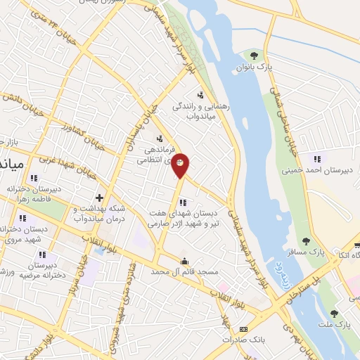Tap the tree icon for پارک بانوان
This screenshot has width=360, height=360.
point(254,56)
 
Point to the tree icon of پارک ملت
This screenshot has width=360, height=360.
point(334,313)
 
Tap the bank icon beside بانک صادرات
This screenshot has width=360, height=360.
point(244,328)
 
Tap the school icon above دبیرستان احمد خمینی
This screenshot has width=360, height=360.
point(317,158)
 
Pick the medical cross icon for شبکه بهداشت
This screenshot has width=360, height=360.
point(100,179)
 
